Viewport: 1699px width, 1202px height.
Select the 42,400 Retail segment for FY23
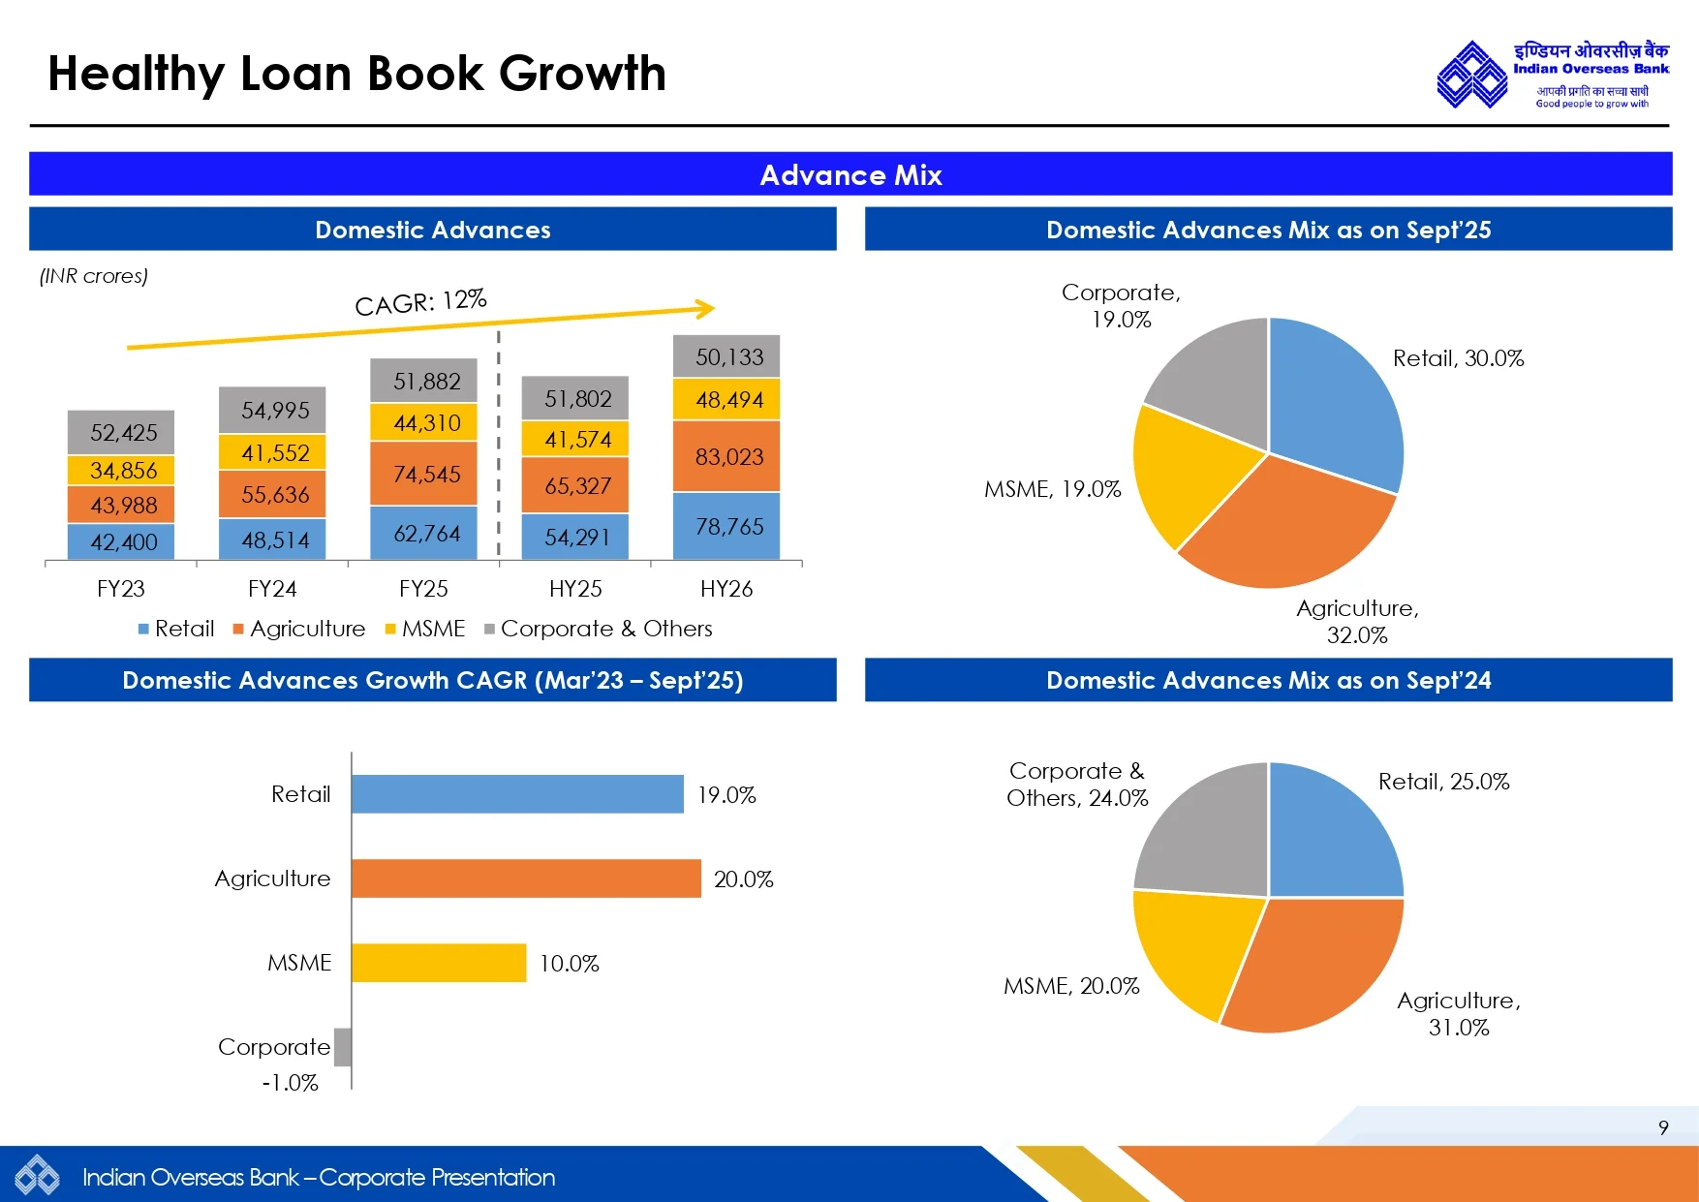[x=121, y=541]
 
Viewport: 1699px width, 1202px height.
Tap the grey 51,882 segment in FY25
[x=423, y=381]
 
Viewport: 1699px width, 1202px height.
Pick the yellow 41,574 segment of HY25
[x=575, y=439]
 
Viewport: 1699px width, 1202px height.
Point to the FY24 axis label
[x=272, y=589]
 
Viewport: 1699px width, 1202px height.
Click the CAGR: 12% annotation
[x=420, y=302]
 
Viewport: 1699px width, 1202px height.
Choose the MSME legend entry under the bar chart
[x=425, y=629]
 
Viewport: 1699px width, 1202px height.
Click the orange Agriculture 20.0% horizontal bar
[x=526, y=878]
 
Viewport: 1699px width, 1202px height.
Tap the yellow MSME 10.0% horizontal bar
[x=439, y=963]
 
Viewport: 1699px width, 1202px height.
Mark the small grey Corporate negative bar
[x=343, y=1047]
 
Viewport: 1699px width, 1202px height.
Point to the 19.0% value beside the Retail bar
[x=726, y=795]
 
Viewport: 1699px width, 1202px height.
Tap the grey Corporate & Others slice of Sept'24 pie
[x=1206, y=833]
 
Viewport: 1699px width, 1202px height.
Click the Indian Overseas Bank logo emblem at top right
[x=1471, y=75]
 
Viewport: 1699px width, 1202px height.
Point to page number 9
[x=1663, y=1127]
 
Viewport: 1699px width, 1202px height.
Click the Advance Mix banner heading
[x=850, y=175]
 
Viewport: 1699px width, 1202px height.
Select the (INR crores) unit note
[x=94, y=276]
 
